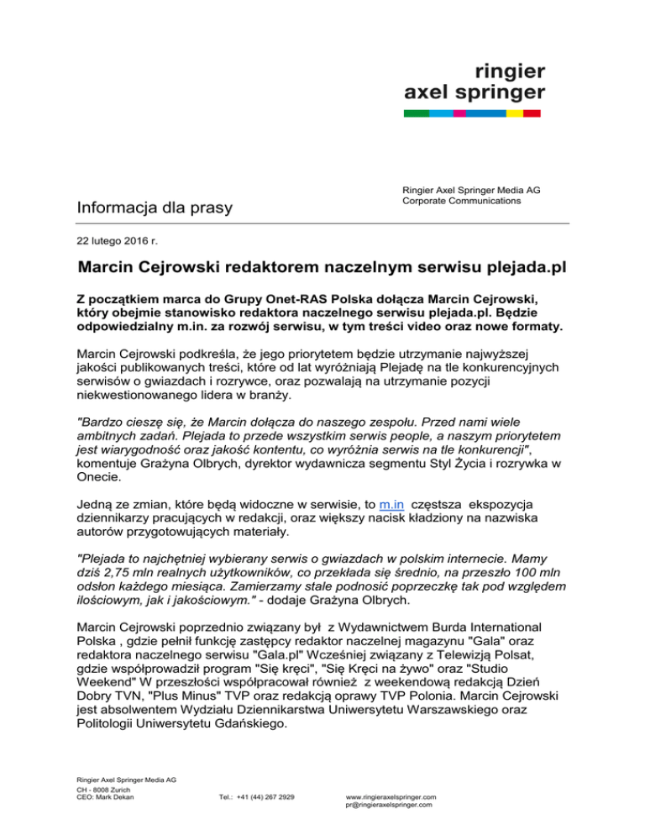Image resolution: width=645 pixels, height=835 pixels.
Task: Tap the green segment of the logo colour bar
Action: click(416, 113)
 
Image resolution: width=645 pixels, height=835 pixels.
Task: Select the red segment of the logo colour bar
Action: click(532, 113)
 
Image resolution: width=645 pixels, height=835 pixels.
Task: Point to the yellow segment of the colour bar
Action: click(514, 113)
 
